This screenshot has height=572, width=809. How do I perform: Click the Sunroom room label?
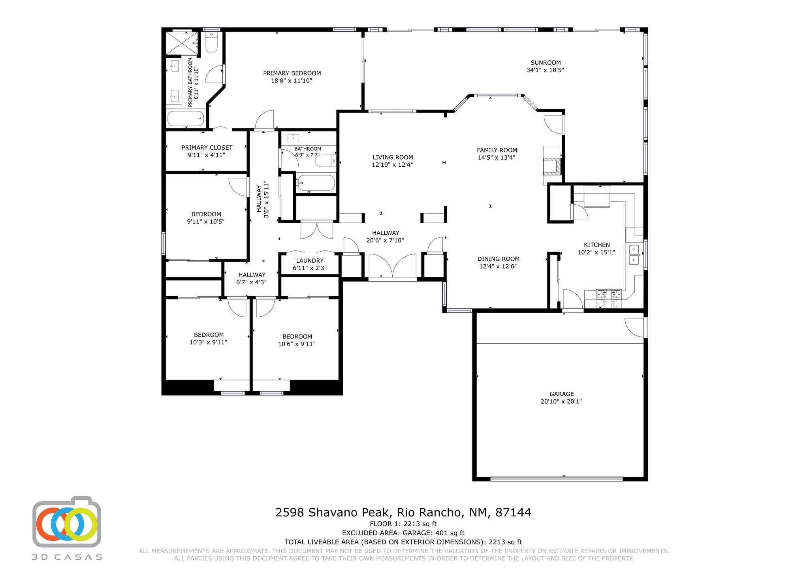[x=546, y=62]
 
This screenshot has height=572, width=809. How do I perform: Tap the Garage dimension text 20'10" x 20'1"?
[x=561, y=402]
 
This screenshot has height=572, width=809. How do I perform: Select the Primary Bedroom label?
[x=292, y=73]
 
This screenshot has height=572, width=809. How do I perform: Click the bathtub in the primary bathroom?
[x=186, y=118]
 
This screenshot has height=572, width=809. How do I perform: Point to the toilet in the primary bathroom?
[x=212, y=43]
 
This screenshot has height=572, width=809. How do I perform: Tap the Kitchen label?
[x=596, y=245]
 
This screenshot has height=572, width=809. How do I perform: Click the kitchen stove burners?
[x=609, y=298]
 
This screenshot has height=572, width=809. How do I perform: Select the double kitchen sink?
[x=634, y=255]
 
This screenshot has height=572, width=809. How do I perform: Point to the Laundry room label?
[x=310, y=261]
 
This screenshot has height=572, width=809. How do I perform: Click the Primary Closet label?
[x=207, y=148]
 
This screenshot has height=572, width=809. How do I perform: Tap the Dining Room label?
[x=499, y=259]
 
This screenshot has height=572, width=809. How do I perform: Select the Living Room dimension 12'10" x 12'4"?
[x=392, y=165]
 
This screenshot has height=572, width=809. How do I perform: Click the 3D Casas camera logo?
[x=67, y=521]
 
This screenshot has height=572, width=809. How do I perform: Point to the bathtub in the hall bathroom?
[x=316, y=183]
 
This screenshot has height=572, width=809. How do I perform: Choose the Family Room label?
[x=497, y=150]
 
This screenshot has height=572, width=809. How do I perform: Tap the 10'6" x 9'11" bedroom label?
[x=297, y=340]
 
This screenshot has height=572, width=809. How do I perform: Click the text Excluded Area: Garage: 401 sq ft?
[x=403, y=533]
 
